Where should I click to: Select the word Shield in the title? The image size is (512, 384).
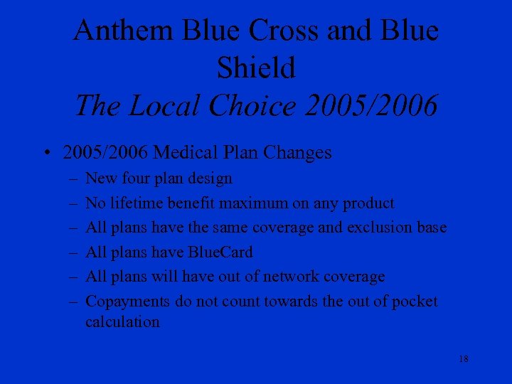click(x=255, y=69)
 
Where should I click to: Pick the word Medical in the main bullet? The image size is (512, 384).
click(x=186, y=153)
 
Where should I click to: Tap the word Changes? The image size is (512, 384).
click(x=297, y=153)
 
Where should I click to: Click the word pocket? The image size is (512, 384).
click(x=412, y=302)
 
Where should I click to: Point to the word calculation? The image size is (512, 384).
click(x=122, y=322)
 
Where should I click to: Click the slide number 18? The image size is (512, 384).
click(x=463, y=359)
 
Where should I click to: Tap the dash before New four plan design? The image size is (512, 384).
click(x=74, y=178)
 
